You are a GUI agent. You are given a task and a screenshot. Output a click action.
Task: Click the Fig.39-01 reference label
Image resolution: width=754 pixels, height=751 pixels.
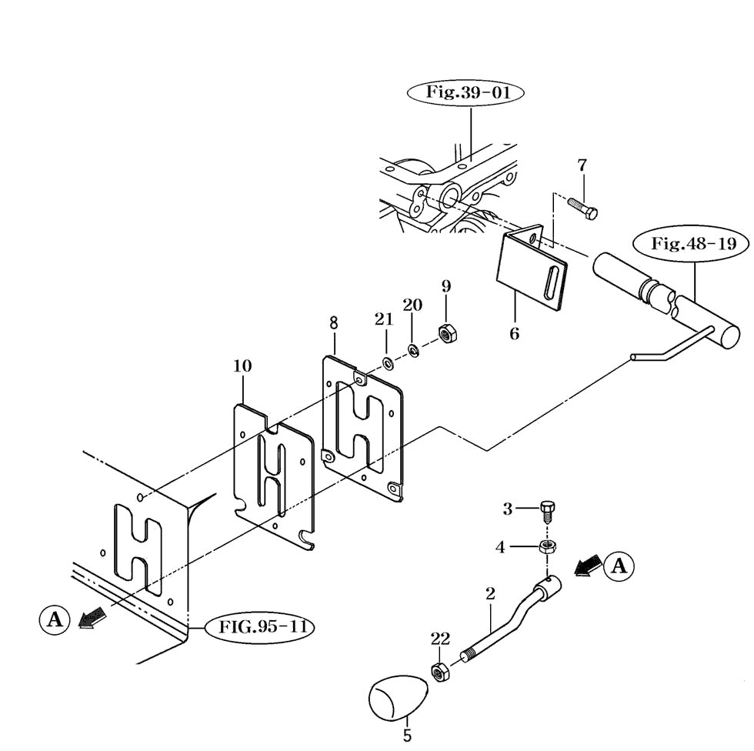(x=464, y=92)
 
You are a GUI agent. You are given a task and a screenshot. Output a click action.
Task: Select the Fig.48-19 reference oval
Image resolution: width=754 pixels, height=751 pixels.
(x=689, y=245)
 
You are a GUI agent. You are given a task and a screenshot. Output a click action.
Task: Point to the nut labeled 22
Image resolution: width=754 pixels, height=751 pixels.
(x=439, y=672)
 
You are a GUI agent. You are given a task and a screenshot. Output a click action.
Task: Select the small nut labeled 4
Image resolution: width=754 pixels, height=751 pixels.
(x=548, y=547)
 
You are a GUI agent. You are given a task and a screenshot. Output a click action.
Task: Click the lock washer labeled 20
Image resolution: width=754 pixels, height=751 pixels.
(x=413, y=350)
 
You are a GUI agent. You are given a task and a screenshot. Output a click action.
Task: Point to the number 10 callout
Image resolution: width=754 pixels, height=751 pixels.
(x=242, y=366)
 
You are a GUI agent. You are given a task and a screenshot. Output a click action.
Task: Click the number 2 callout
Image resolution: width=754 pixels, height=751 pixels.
(x=490, y=593)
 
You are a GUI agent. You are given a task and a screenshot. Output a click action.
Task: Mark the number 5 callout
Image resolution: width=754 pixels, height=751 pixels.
(x=407, y=736)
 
